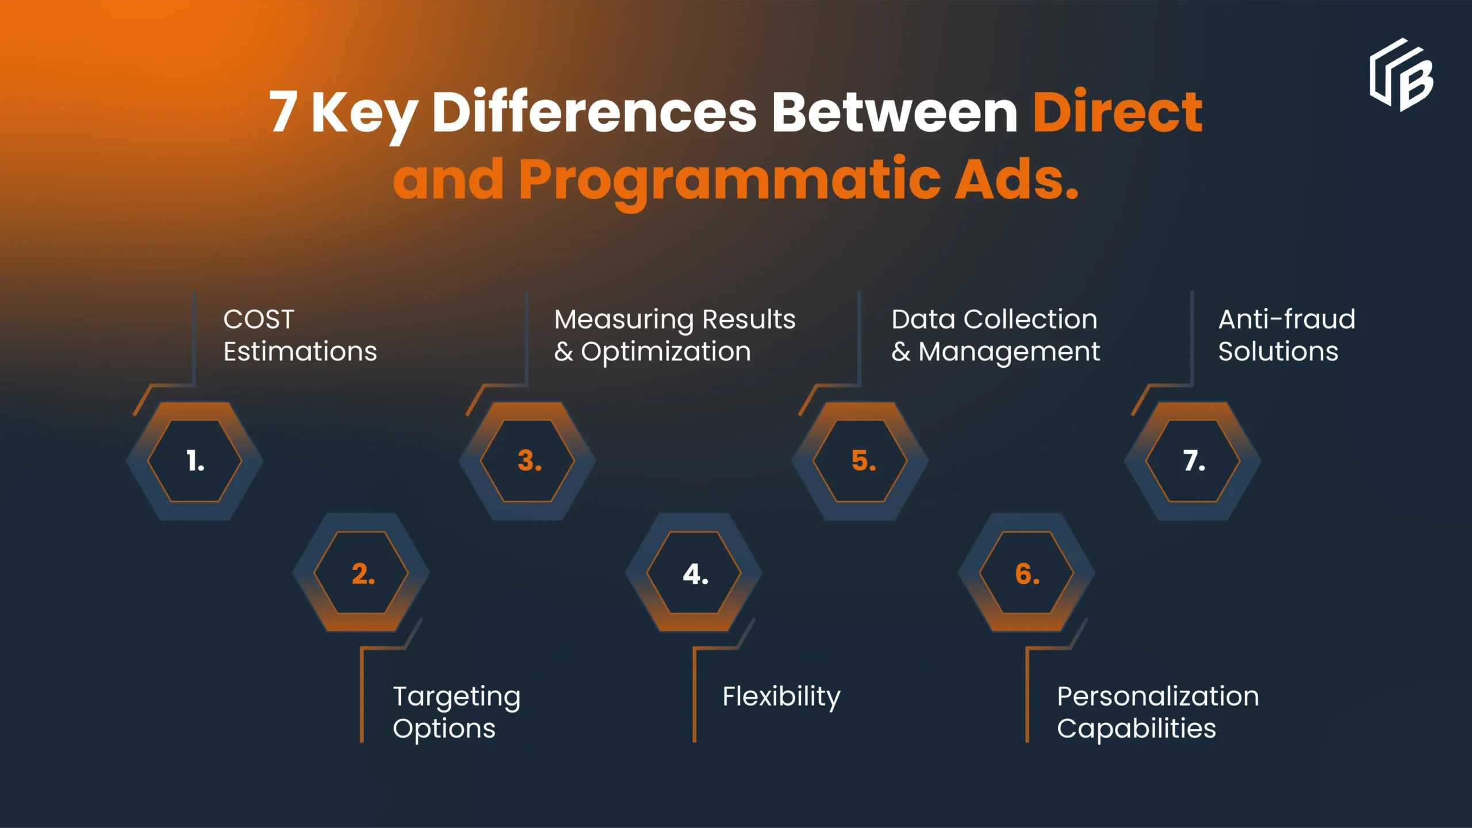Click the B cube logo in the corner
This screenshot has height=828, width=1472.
click(x=1401, y=75)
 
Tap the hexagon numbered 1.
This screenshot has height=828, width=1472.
click(x=195, y=461)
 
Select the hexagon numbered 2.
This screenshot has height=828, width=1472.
click(x=362, y=573)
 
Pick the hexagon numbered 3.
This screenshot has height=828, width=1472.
click(x=528, y=461)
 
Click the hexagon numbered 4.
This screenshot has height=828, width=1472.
click(x=694, y=573)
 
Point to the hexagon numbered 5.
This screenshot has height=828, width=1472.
click(x=861, y=461)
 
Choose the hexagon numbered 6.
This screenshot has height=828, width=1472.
click(x=1027, y=573)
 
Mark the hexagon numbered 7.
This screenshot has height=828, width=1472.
click(x=1193, y=461)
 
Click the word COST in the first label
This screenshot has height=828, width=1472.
click(x=259, y=319)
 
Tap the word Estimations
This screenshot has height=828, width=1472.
click(x=300, y=352)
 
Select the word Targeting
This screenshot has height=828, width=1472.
click(x=457, y=698)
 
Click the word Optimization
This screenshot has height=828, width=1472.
click(x=666, y=352)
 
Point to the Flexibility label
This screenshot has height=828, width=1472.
click(x=781, y=697)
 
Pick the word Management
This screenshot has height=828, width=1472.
click(x=1009, y=352)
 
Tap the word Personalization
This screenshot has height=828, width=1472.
click(x=1158, y=696)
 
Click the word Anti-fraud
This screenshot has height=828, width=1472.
click(x=1287, y=319)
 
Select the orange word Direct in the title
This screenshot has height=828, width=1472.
click(x=1117, y=112)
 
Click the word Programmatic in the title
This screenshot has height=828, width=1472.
click(x=730, y=180)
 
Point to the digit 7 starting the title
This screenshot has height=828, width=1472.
click(x=283, y=112)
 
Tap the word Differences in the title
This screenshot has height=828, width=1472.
click(x=594, y=112)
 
